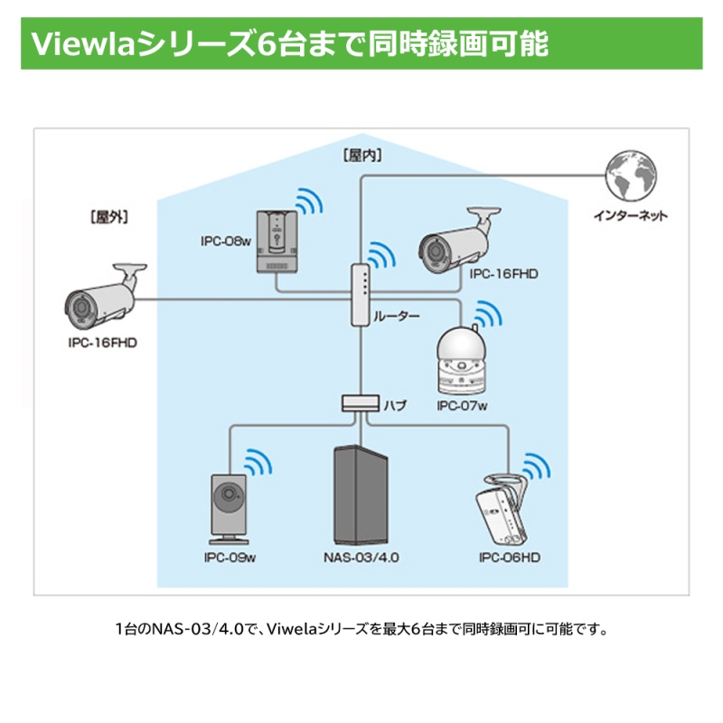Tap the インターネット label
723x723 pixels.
coord(630,216)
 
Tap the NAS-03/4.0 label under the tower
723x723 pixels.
coord(361,558)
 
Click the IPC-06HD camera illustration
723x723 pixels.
coord(502,510)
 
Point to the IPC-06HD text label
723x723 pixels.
coord(510,558)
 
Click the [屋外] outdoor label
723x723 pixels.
coord(108,217)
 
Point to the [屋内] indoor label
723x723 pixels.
coord(361,155)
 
